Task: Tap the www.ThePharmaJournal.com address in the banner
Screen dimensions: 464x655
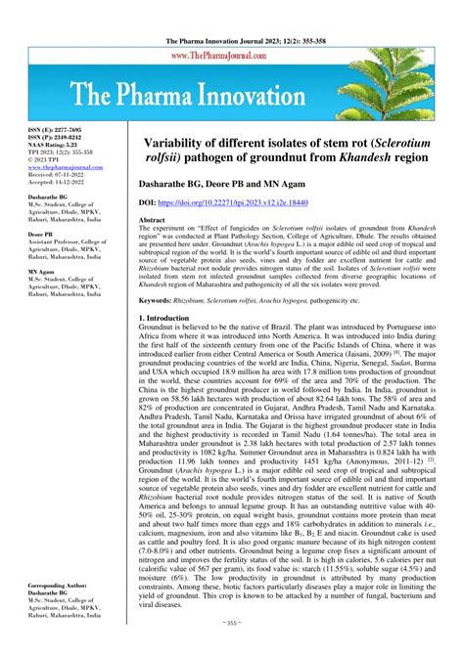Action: [x=232, y=57]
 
